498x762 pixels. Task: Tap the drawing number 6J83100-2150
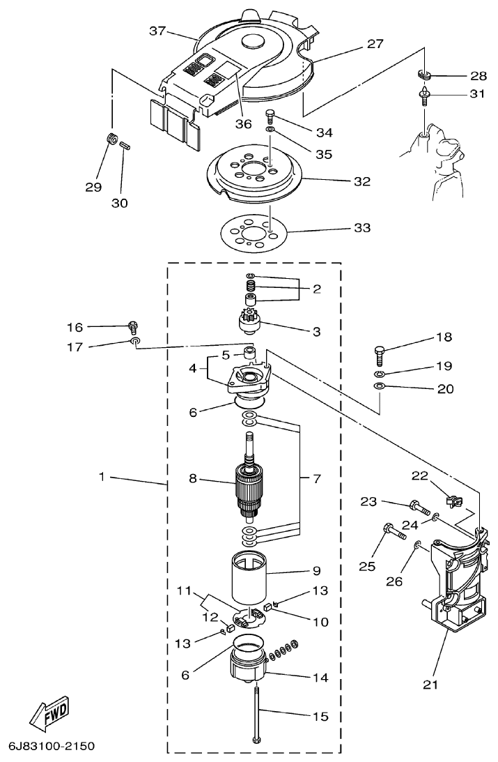point(51,746)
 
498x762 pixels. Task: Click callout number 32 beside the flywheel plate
point(361,181)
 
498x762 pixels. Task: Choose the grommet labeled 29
point(110,138)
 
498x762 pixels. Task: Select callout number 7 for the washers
point(316,479)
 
